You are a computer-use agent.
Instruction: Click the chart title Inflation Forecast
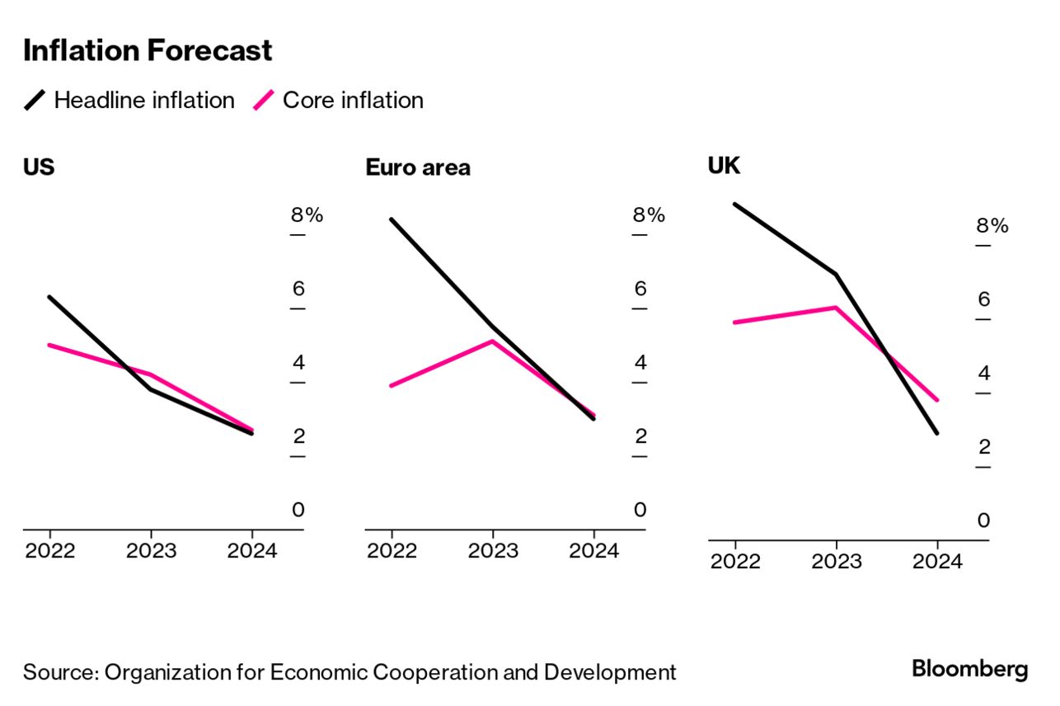click(x=148, y=51)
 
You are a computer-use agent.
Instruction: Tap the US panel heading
click(x=39, y=167)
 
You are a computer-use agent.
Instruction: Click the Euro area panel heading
click(x=418, y=167)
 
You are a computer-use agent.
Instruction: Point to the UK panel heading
click(x=724, y=166)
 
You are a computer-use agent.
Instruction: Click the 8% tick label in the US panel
click(x=307, y=215)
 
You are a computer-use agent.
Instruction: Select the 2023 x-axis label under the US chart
click(x=151, y=551)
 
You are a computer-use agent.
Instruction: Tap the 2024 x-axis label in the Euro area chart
click(x=593, y=551)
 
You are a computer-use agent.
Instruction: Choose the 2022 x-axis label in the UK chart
click(x=735, y=562)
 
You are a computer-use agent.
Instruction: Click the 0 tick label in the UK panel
click(x=983, y=520)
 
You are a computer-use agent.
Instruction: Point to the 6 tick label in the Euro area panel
click(x=640, y=289)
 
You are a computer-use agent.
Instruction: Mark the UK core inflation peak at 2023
click(x=836, y=308)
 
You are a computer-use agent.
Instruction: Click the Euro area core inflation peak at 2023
click(x=492, y=341)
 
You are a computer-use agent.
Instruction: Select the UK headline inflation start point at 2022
click(x=734, y=204)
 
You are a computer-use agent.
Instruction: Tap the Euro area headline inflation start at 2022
click(x=392, y=219)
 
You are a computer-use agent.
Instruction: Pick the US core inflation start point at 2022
click(x=49, y=345)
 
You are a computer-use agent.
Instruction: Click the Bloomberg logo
click(x=969, y=669)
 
